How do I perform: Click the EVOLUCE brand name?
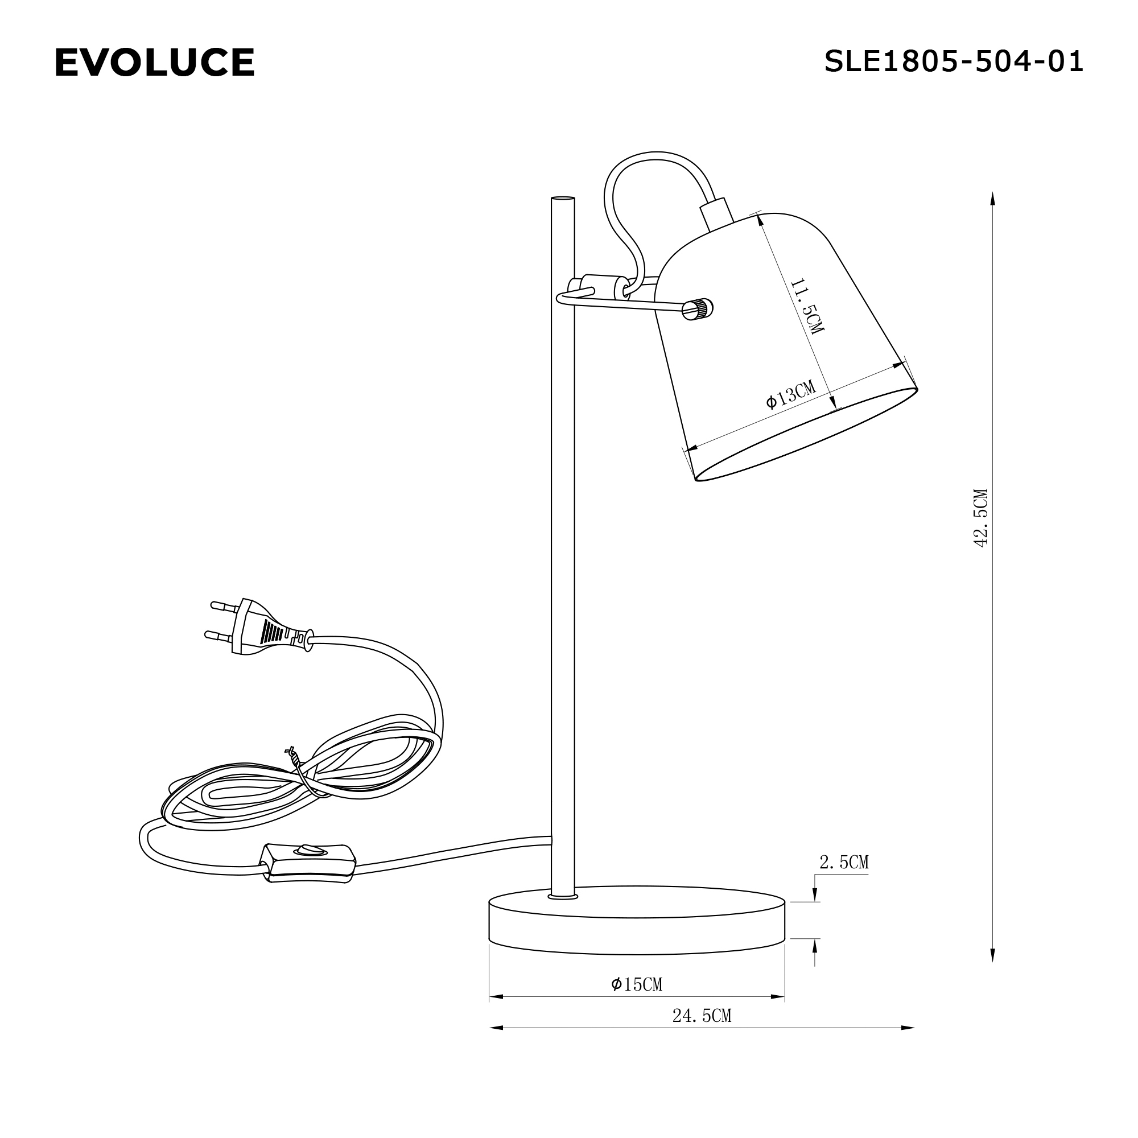tap(154, 63)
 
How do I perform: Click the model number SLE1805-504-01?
tap(953, 61)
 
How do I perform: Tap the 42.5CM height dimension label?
tap(980, 518)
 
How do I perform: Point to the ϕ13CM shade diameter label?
tap(790, 394)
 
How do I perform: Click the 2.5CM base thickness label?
tap(843, 863)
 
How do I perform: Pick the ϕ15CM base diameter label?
tap(636, 984)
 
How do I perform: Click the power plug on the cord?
tap(265, 629)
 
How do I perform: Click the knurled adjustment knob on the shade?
tap(699, 308)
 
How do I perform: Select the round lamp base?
tap(637, 926)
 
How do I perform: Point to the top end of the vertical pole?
tap(563, 200)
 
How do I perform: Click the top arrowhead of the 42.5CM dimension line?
tap(992, 198)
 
